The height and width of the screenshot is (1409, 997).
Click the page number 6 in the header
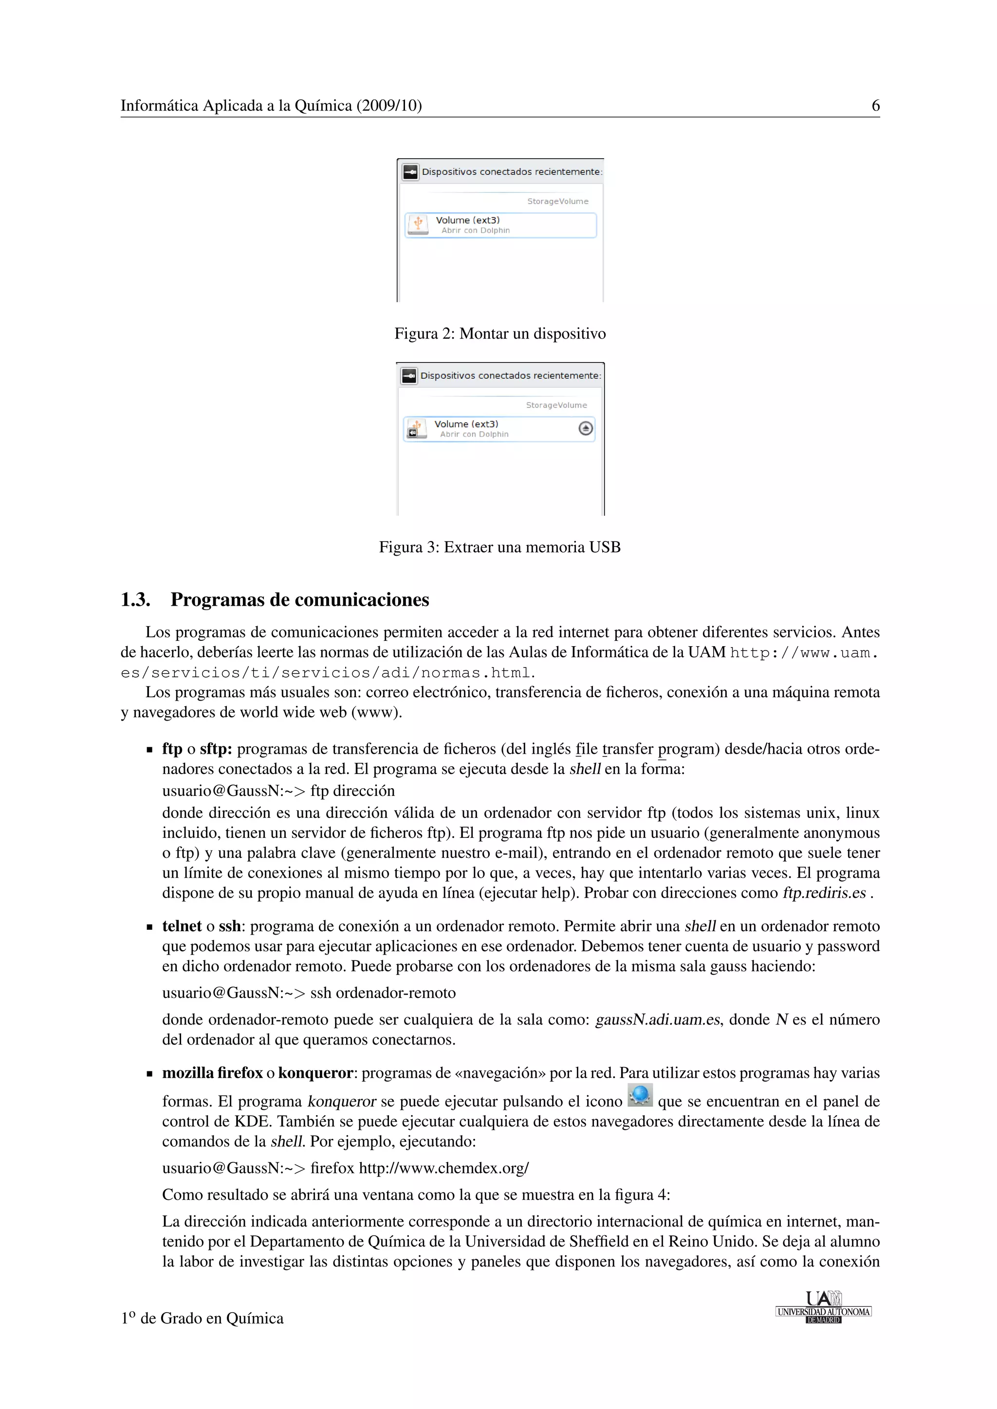click(875, 106)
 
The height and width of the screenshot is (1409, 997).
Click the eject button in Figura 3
click(586, 428)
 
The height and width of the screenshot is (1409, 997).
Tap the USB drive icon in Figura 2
click(418, 224)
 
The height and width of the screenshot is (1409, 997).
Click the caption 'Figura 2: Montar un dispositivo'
click(500, 333)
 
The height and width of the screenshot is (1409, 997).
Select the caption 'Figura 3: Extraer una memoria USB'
click(500, 547)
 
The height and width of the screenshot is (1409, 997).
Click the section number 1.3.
click(136, 599)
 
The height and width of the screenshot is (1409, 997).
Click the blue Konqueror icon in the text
click(640, 1095)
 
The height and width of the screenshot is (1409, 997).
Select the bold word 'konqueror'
click(315, 1073)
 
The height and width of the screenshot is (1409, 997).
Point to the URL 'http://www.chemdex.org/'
click(443, 1168)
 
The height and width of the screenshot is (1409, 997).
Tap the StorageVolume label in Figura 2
click(557, 201)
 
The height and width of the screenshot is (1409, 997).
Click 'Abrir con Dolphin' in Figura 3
click(474, 434)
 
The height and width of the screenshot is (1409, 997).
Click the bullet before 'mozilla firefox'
click(149, 1074)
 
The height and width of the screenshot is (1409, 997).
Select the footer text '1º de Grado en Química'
click(202, 1318)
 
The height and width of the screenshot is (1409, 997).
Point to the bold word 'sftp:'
click(216, 749)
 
